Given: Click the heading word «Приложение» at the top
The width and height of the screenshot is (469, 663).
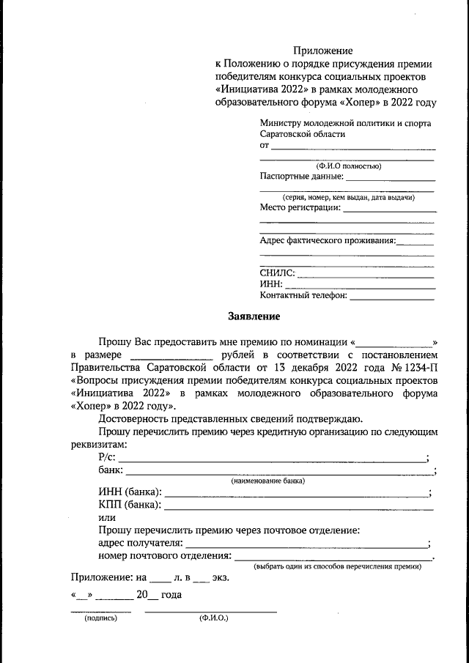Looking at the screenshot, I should tap(323, 51).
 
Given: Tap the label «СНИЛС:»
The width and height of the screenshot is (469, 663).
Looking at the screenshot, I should tap(278, 273).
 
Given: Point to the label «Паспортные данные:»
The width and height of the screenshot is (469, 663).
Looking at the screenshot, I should tap(301, 176).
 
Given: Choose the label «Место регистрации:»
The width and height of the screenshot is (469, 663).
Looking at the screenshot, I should tap(300, 208).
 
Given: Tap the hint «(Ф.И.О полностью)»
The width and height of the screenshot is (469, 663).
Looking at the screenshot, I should tap(348, 166).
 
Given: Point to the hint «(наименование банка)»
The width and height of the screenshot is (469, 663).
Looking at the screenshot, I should tap(268, 481).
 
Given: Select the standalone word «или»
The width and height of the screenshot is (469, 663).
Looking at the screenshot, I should tap(106, 516).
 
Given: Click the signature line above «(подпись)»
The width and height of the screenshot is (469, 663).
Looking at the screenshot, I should tap(100, 610).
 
